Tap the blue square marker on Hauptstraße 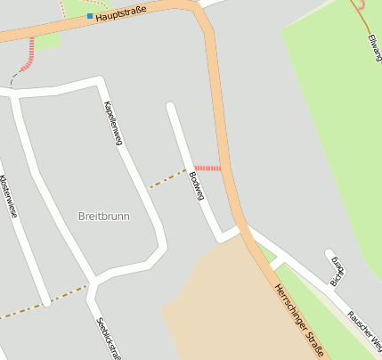(89, 16)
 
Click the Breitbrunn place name (105, 217)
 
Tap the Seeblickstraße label (106, 337)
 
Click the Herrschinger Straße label (298, 318)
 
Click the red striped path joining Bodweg (207, 168)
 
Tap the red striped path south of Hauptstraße (30, 53)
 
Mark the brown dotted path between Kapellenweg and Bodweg (167, 178)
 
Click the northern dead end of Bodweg (170, 107)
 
